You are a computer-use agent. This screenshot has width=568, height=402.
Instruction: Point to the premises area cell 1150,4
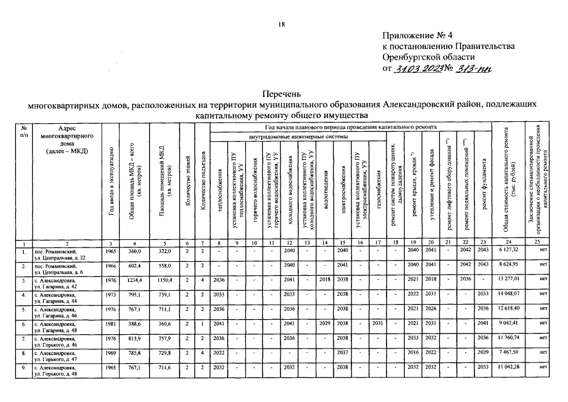tap(164, 279)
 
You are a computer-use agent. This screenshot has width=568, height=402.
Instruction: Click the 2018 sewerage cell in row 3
tap(324, 279)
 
